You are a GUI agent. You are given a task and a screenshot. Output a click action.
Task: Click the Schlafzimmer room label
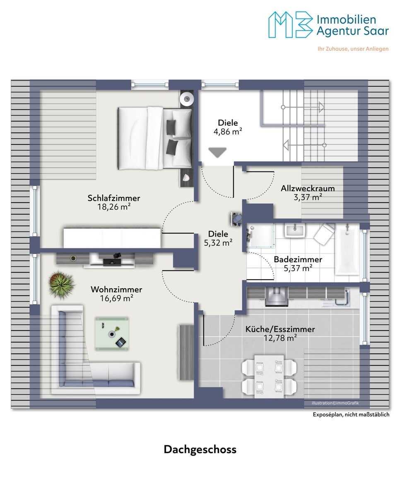pyautogui.click(x=114, y=198)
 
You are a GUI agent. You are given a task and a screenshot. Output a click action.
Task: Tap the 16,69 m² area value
pyautogui.click(x=116, y=298)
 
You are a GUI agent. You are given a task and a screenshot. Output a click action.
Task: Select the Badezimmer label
pyautogui.click(x=298, y=259)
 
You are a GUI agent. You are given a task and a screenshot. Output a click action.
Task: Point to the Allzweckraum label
pyautogui.click(x=308, y=188)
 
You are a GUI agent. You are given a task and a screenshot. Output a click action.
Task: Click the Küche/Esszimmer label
pyautogui.click(x=280, y=329)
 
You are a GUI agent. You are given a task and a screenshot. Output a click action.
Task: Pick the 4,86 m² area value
pyautogui.click(x=228, y=132)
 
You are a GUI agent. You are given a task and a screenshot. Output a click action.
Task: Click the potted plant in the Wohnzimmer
pyautogui.click(x=61, y=285)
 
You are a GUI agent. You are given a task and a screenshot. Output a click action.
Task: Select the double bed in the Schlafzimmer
pyautogui.click(x=155, y=138)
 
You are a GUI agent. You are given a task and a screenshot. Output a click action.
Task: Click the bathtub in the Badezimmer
pyautogui.click(x=347, y=249)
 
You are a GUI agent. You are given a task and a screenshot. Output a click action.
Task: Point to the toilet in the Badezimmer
pyautogui.click(x=323, y=234)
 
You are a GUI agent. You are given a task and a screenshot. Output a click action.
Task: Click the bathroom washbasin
pyautogui.click(x=295, y=230)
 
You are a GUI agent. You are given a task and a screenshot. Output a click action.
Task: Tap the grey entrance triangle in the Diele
pyautogui.click(x=217, y=152)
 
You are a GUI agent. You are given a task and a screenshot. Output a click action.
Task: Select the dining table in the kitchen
pyautogui.click(x=269, y=376)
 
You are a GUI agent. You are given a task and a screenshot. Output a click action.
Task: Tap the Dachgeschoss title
pyautogui.click(x=200, y=450)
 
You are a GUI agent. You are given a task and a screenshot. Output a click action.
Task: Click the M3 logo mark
pyautogui.click(x=291, y=24)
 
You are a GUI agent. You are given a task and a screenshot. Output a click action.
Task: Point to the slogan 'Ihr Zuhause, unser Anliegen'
pyautogui.click(x=353, y=49)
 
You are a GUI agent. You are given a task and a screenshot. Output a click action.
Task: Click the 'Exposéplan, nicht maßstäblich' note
pyautogui.click(x=351, y=415)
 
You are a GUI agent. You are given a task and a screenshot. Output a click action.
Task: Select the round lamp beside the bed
pyautogui.click(x=186, y=98)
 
